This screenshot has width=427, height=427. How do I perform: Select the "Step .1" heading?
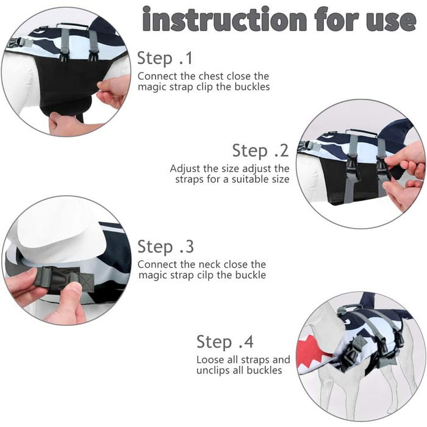tap(165, 58)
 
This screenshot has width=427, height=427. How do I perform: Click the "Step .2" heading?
tap(260, 150)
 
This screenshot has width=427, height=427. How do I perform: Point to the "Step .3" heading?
tap(165, 246)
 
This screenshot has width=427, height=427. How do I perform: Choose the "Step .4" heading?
tap(225, 342)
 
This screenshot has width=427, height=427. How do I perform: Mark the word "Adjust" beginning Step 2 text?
tap(185, 169)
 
